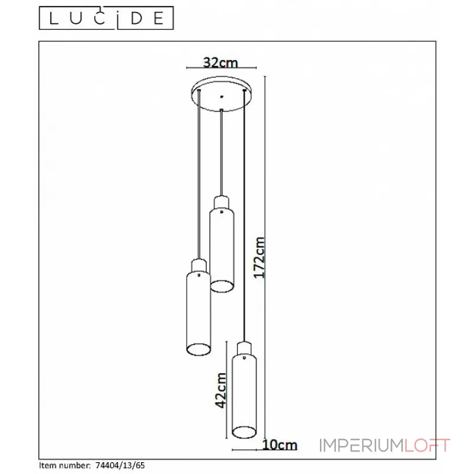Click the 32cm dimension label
point(220,62)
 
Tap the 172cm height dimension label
point(259,258)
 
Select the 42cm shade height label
point(221,390)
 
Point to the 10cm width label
point(280,445)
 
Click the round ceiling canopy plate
point(222,94)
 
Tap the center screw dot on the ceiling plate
point(222,97)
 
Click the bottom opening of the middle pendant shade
point(222,286)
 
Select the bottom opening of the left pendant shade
point(198,349)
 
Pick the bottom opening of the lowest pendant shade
point(244,432)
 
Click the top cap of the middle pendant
point(222,203)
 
